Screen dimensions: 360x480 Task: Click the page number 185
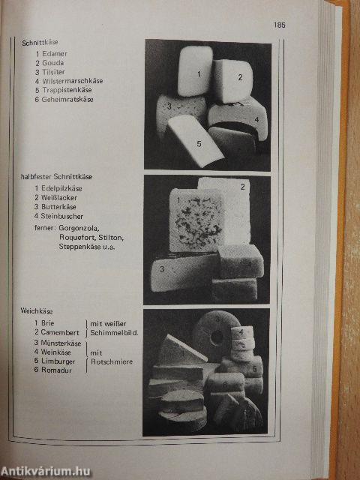coord(280,25)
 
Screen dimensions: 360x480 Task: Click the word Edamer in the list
coord(55,53)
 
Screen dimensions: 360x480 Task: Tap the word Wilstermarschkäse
coord(73,81)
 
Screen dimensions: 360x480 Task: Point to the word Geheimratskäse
coord(67,99)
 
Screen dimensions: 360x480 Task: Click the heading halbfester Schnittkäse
coord(56,177)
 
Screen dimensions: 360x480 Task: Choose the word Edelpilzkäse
coord(61,188)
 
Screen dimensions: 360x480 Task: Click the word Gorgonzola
coord(79,228)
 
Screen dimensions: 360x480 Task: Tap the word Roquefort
coord(78,237)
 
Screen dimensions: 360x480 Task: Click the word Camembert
coord(60,332)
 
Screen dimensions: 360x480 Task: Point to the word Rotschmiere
coord(112,361)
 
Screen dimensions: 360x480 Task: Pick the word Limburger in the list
coord(58,361)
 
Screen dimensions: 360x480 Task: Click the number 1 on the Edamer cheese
coord(199,73)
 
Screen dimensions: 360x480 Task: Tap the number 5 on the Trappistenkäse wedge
coord(199,143)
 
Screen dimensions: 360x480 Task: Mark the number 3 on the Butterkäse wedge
coord(162,268)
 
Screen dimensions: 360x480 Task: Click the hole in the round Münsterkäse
coord(217,337)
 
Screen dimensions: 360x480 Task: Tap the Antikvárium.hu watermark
coord(46,472)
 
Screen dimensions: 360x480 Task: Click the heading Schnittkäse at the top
coord(40,43)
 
